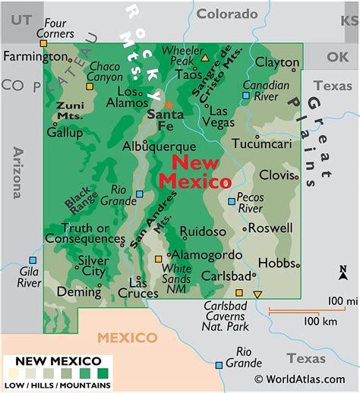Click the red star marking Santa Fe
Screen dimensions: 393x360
click(169, 105)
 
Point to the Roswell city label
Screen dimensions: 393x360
click(270, 228)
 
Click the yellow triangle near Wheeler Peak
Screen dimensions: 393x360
click(204, 57)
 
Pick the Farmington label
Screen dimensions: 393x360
click(35, 57)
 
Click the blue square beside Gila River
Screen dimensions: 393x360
click(31, 260)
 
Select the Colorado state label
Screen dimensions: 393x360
click(227, 14)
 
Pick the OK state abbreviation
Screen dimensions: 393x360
click(336, 57)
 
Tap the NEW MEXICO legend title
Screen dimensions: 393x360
click(58, 360)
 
